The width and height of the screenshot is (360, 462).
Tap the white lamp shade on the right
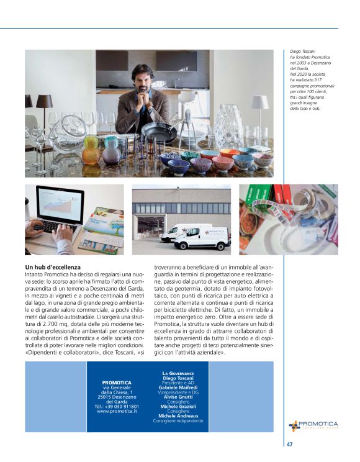click(x=260, y=102)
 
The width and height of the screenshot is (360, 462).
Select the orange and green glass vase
click(x=91, y=150)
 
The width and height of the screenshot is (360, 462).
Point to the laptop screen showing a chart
click(x=60, y=207)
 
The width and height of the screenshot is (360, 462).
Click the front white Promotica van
click(x=202, y=238)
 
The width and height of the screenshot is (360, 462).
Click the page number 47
click(x=290, y=444)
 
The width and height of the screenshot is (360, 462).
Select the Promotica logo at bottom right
click(x=313, y=425)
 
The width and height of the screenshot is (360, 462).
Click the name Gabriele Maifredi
click(x=178, y=387)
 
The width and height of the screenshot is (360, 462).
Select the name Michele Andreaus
click(x=178, y=415)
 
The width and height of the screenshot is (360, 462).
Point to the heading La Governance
click(x=178, y=373)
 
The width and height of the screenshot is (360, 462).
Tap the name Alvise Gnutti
click(x=178, y=397)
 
